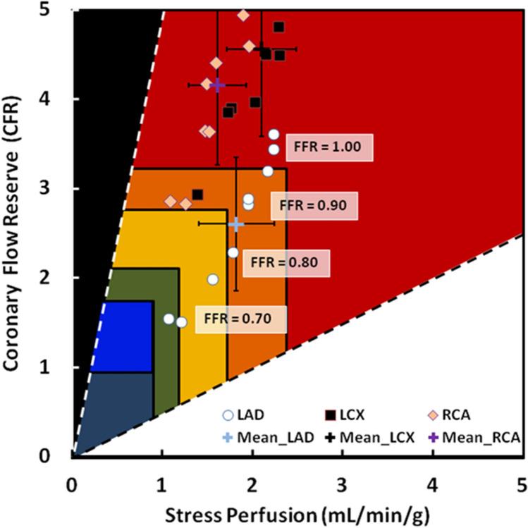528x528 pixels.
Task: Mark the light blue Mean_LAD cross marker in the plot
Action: tap(236, 224)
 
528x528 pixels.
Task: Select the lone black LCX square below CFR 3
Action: tap(198, 195)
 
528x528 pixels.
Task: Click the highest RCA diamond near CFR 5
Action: tap(244, 15)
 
